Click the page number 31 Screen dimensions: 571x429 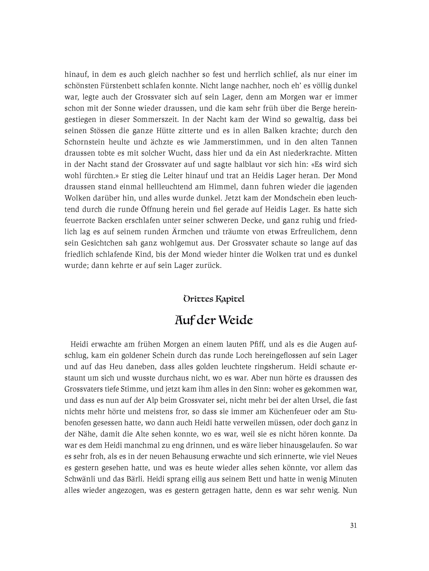353,525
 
